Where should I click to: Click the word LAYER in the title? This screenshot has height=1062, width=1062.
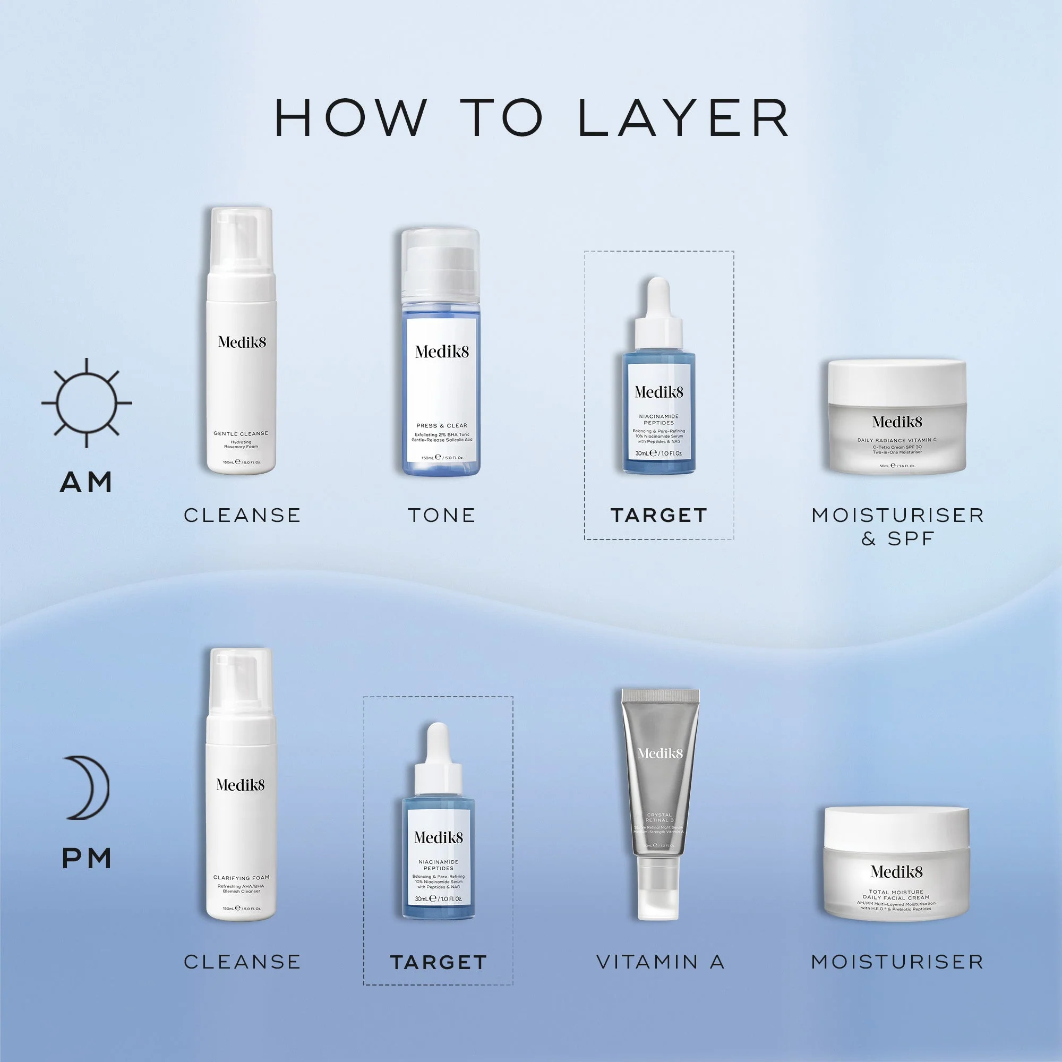click(x=683, y=118)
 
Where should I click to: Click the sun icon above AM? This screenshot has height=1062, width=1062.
click(x=87, y=402)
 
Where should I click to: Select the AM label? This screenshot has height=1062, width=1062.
click(x=87, y=482)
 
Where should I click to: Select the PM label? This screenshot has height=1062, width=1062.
click(x=87, y=859)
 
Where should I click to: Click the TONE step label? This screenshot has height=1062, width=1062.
click(x=441, y=515)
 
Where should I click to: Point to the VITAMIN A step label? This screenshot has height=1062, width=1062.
click(x=660, y=962)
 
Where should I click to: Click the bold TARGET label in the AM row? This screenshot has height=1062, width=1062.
click(x=658, y=515)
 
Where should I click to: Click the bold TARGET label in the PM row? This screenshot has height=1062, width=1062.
click(x=438, y=962)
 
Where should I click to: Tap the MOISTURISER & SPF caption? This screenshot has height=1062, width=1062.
click(x=897, y=526)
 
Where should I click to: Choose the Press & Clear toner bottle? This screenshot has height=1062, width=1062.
click(x=441, y=374)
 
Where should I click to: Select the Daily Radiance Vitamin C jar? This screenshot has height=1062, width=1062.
click(x=897, y=418)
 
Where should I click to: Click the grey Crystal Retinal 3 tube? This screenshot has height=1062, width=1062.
click(x=660, y=781)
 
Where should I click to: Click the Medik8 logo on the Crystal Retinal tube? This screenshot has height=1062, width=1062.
click(x=660, y=753)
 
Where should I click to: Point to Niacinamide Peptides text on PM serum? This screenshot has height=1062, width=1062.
click(x=438, y=864)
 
